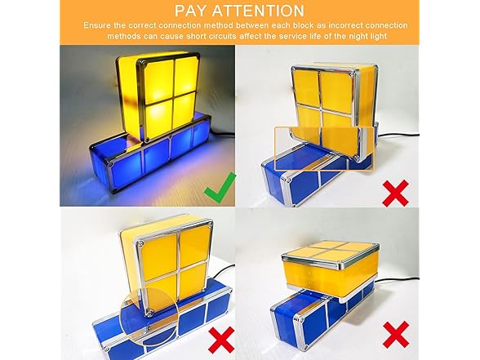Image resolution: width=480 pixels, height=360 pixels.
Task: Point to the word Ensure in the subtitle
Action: pyautogui.click(x=101, y=26)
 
